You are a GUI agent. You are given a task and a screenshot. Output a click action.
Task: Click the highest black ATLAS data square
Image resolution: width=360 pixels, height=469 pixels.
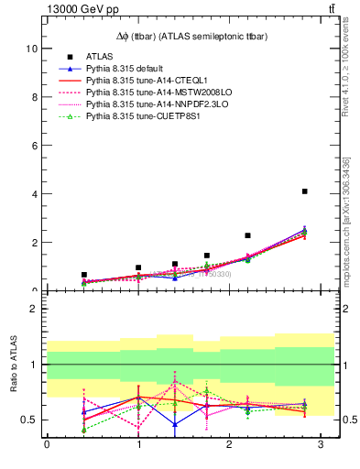tap(304, 191)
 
